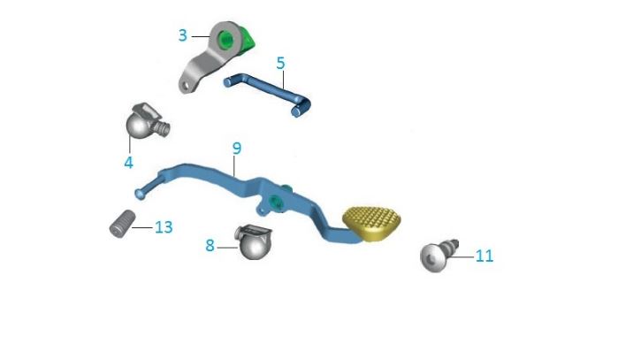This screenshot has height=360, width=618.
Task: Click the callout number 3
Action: pyautogui.click(x=183, y=35)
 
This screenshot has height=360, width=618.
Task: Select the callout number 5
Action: pyautogui.click(x=280, y=64)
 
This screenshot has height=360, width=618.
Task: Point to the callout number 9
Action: pyautogui.click(x=236, y=147)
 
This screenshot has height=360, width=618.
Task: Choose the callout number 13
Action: pyautogui.click(x=163, y=227)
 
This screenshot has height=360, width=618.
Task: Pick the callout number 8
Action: pyautogui.click(x=210, y=245)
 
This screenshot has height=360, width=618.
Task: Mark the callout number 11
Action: pyautogui.click(x=484, y=257)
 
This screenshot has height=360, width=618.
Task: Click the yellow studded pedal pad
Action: pyautogui.click(x=371, y=220)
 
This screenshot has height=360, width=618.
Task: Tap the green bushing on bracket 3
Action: pyautogui.click(x=229, y=39)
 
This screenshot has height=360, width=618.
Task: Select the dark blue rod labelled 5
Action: pyautogui.click(x=265, y=88)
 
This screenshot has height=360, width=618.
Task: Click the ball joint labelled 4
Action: pyautogui.click(x=141, y=125)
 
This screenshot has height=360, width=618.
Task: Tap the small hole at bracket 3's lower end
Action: pyautogui.click(x=185, y=86)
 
